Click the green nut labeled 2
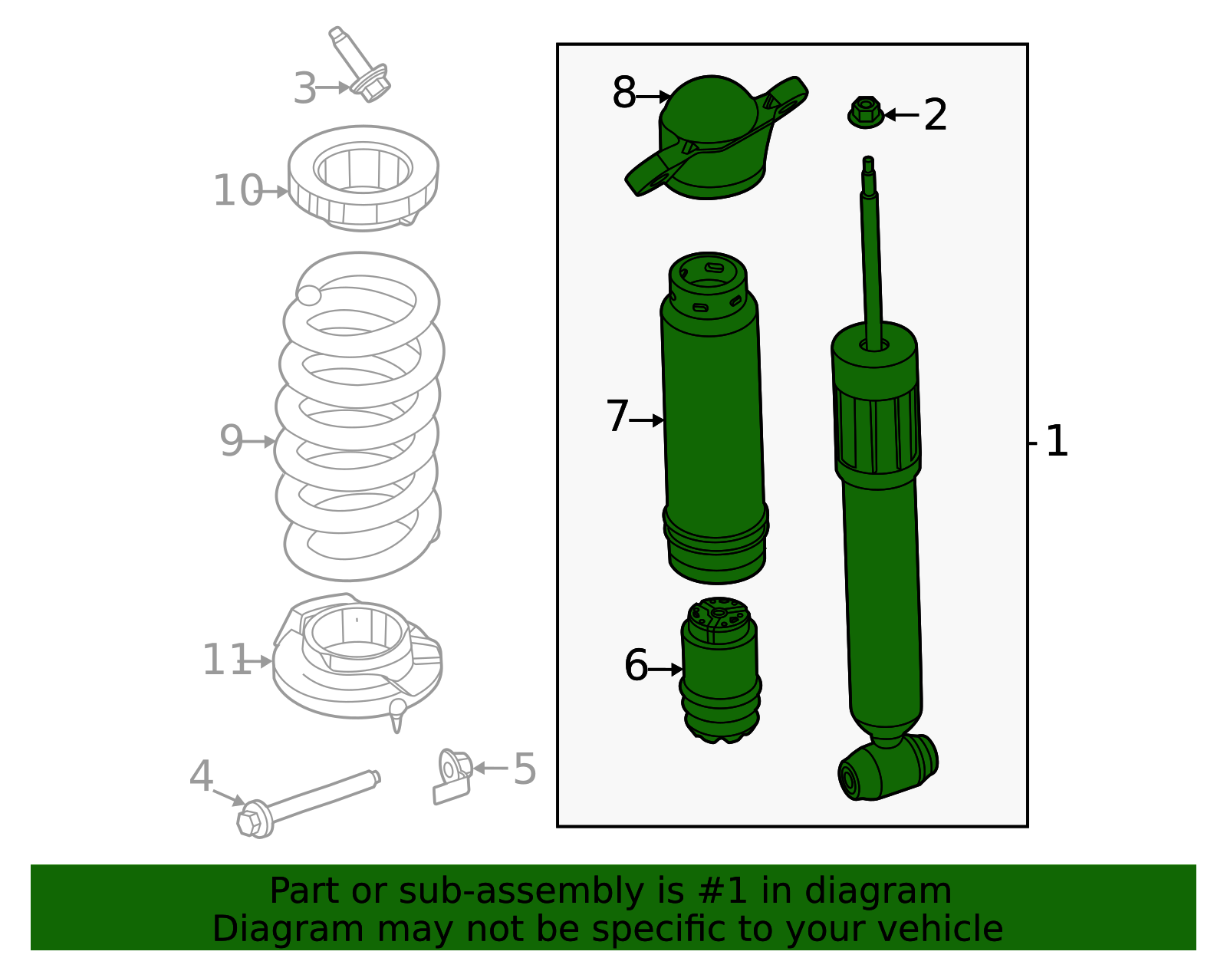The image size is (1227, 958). coord(866,113)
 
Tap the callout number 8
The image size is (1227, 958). coord(623,94)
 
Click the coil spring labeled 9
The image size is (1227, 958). coord(359,418)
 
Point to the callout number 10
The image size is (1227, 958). coord(237,191)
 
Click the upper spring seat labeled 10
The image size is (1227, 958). coord(363,179)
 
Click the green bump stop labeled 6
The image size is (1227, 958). coord(720,671)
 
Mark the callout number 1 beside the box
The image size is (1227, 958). coord(1056,442)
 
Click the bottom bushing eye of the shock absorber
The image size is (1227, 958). coord(887,769)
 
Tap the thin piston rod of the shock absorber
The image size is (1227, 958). coord(872,253)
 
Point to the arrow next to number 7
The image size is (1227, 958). coord(649,420)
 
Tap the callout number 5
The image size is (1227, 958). coord(525,769)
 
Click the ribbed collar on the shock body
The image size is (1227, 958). coord(877,433)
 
